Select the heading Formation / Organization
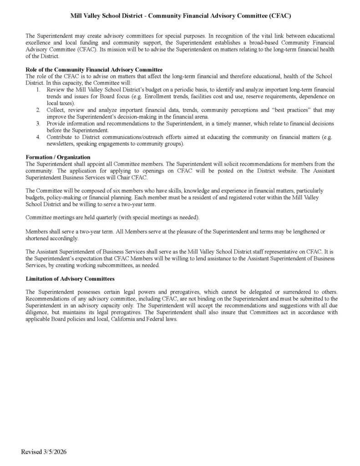[58, 157]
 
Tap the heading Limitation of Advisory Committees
[70, 278]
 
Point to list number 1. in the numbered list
[39, 90]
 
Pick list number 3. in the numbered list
[39, 123]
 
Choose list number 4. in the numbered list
[39, 137]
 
